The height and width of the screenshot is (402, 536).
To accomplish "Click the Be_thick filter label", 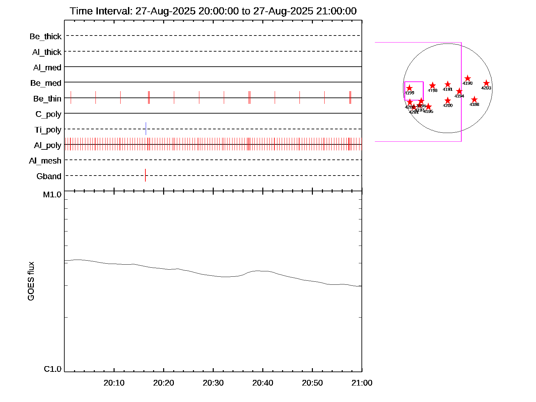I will pos(46,36).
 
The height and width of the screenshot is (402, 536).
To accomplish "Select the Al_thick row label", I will pos(47,52).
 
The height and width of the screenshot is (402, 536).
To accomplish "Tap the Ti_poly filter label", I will pos(48,130).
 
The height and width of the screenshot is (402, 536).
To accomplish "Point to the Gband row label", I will pos(49,176).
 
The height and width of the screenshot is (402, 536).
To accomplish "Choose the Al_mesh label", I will pos(45,161).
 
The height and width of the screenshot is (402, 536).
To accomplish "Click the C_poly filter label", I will pos(48,114).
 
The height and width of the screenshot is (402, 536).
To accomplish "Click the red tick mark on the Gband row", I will pos(145,175).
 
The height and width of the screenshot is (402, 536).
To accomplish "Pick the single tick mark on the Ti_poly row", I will pos(146,129).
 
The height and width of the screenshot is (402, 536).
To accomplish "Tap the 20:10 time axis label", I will pos(114,383).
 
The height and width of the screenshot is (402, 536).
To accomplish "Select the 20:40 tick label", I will pos(263,383).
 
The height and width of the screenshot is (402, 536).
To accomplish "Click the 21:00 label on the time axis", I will pos(362,383).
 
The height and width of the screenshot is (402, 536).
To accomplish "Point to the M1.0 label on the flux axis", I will pos(52,194).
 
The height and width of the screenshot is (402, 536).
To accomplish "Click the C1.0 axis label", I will pos(53,369).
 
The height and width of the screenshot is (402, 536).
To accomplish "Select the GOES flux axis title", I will pos(31,281).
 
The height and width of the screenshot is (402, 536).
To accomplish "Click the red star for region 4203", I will pos(486,83).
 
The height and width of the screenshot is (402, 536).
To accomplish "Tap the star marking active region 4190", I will pos(468,78).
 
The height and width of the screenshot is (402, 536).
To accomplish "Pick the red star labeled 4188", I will pos(474,99).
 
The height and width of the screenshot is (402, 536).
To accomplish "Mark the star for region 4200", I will pos(448,100).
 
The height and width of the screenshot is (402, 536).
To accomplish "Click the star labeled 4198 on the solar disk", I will pos(432,85).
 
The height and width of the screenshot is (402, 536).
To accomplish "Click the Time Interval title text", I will pos(213,11).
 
